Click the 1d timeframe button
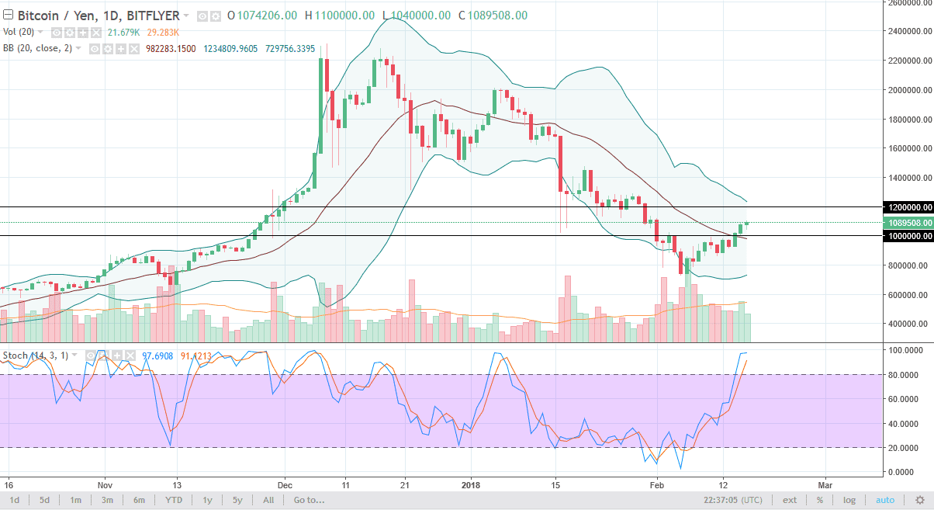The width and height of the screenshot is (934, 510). pos(14,501)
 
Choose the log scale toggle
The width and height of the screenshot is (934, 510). pos(849,501)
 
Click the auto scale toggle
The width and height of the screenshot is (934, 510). pos(885,501)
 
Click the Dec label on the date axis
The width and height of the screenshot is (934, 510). pos(284,481)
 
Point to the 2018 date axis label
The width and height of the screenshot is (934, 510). pos(470,481)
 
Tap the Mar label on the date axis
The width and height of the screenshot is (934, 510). pos(825,481)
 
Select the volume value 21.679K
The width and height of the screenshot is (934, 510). pos(123,32)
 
